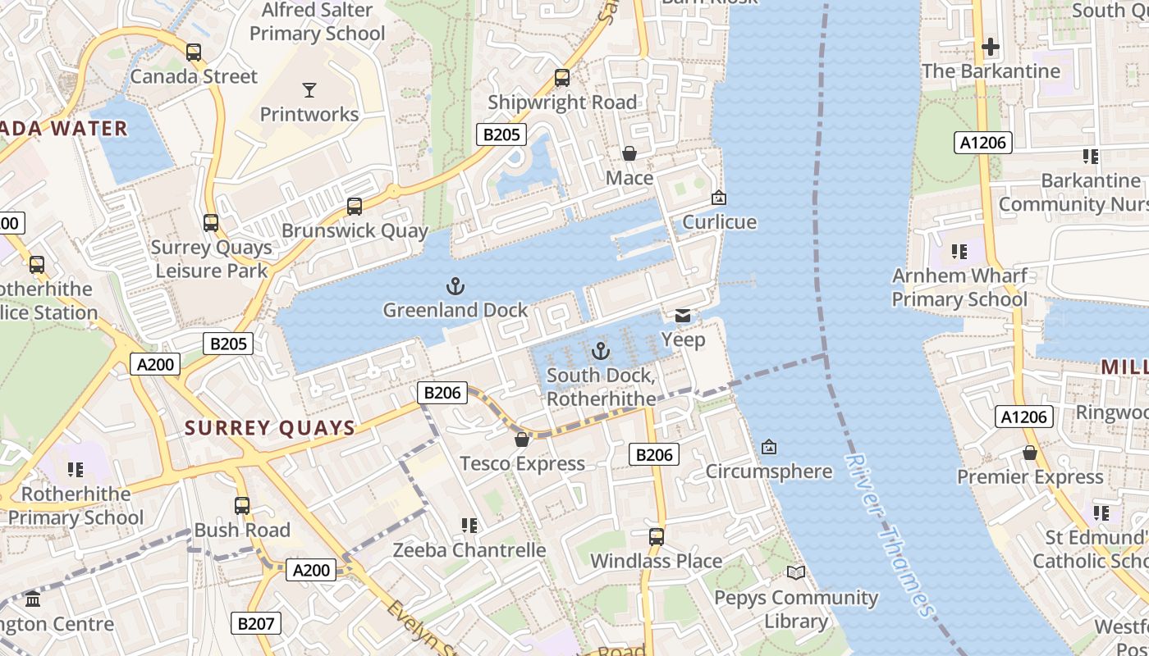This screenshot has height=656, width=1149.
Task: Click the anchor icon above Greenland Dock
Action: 455,286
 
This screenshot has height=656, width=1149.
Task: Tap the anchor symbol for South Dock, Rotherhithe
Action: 602,352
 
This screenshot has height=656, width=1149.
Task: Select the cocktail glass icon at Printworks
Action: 309,89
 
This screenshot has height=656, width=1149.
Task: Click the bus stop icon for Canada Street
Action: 194,52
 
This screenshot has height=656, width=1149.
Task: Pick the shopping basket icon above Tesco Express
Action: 522,440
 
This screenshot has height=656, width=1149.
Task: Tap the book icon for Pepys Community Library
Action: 796,572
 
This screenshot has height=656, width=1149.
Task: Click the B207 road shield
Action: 255,623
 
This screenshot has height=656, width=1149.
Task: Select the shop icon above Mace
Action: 629,153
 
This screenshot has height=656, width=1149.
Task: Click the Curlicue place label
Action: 720,222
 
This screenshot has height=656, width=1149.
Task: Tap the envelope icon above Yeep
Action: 683,316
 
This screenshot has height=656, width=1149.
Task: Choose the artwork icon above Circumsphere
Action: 769,447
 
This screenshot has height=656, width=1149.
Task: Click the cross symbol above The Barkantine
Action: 991,47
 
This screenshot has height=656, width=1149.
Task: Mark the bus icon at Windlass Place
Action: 657,537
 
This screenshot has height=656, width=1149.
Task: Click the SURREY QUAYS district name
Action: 270,428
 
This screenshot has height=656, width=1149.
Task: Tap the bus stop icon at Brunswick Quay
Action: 355,207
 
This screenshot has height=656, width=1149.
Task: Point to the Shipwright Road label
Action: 562,102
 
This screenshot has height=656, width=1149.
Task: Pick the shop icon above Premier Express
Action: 1030,453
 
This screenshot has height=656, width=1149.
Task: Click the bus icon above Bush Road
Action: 242,506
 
